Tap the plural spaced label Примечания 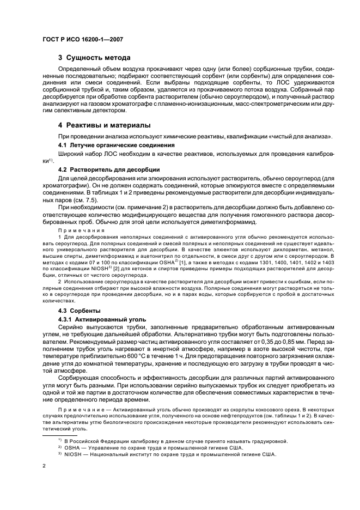82,230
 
